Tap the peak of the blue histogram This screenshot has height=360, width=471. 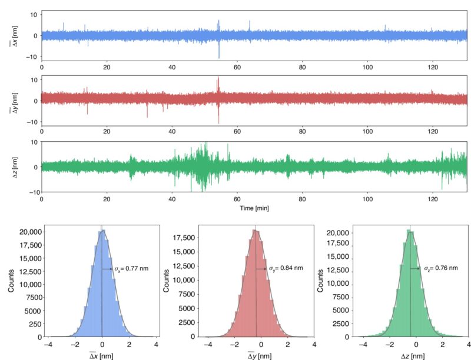coord(104,231)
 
